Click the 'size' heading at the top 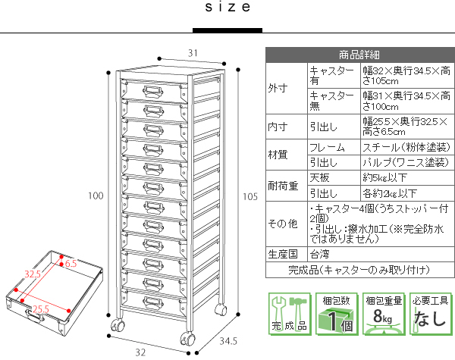click(x=227, y=8)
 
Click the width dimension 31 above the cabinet click(x=193, y=53)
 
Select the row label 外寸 click(x=278, y=88)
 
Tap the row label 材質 click(x=278, y=155)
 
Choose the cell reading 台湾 click(x=319, y=253)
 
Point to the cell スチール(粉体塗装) click(x=402, y=147)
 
